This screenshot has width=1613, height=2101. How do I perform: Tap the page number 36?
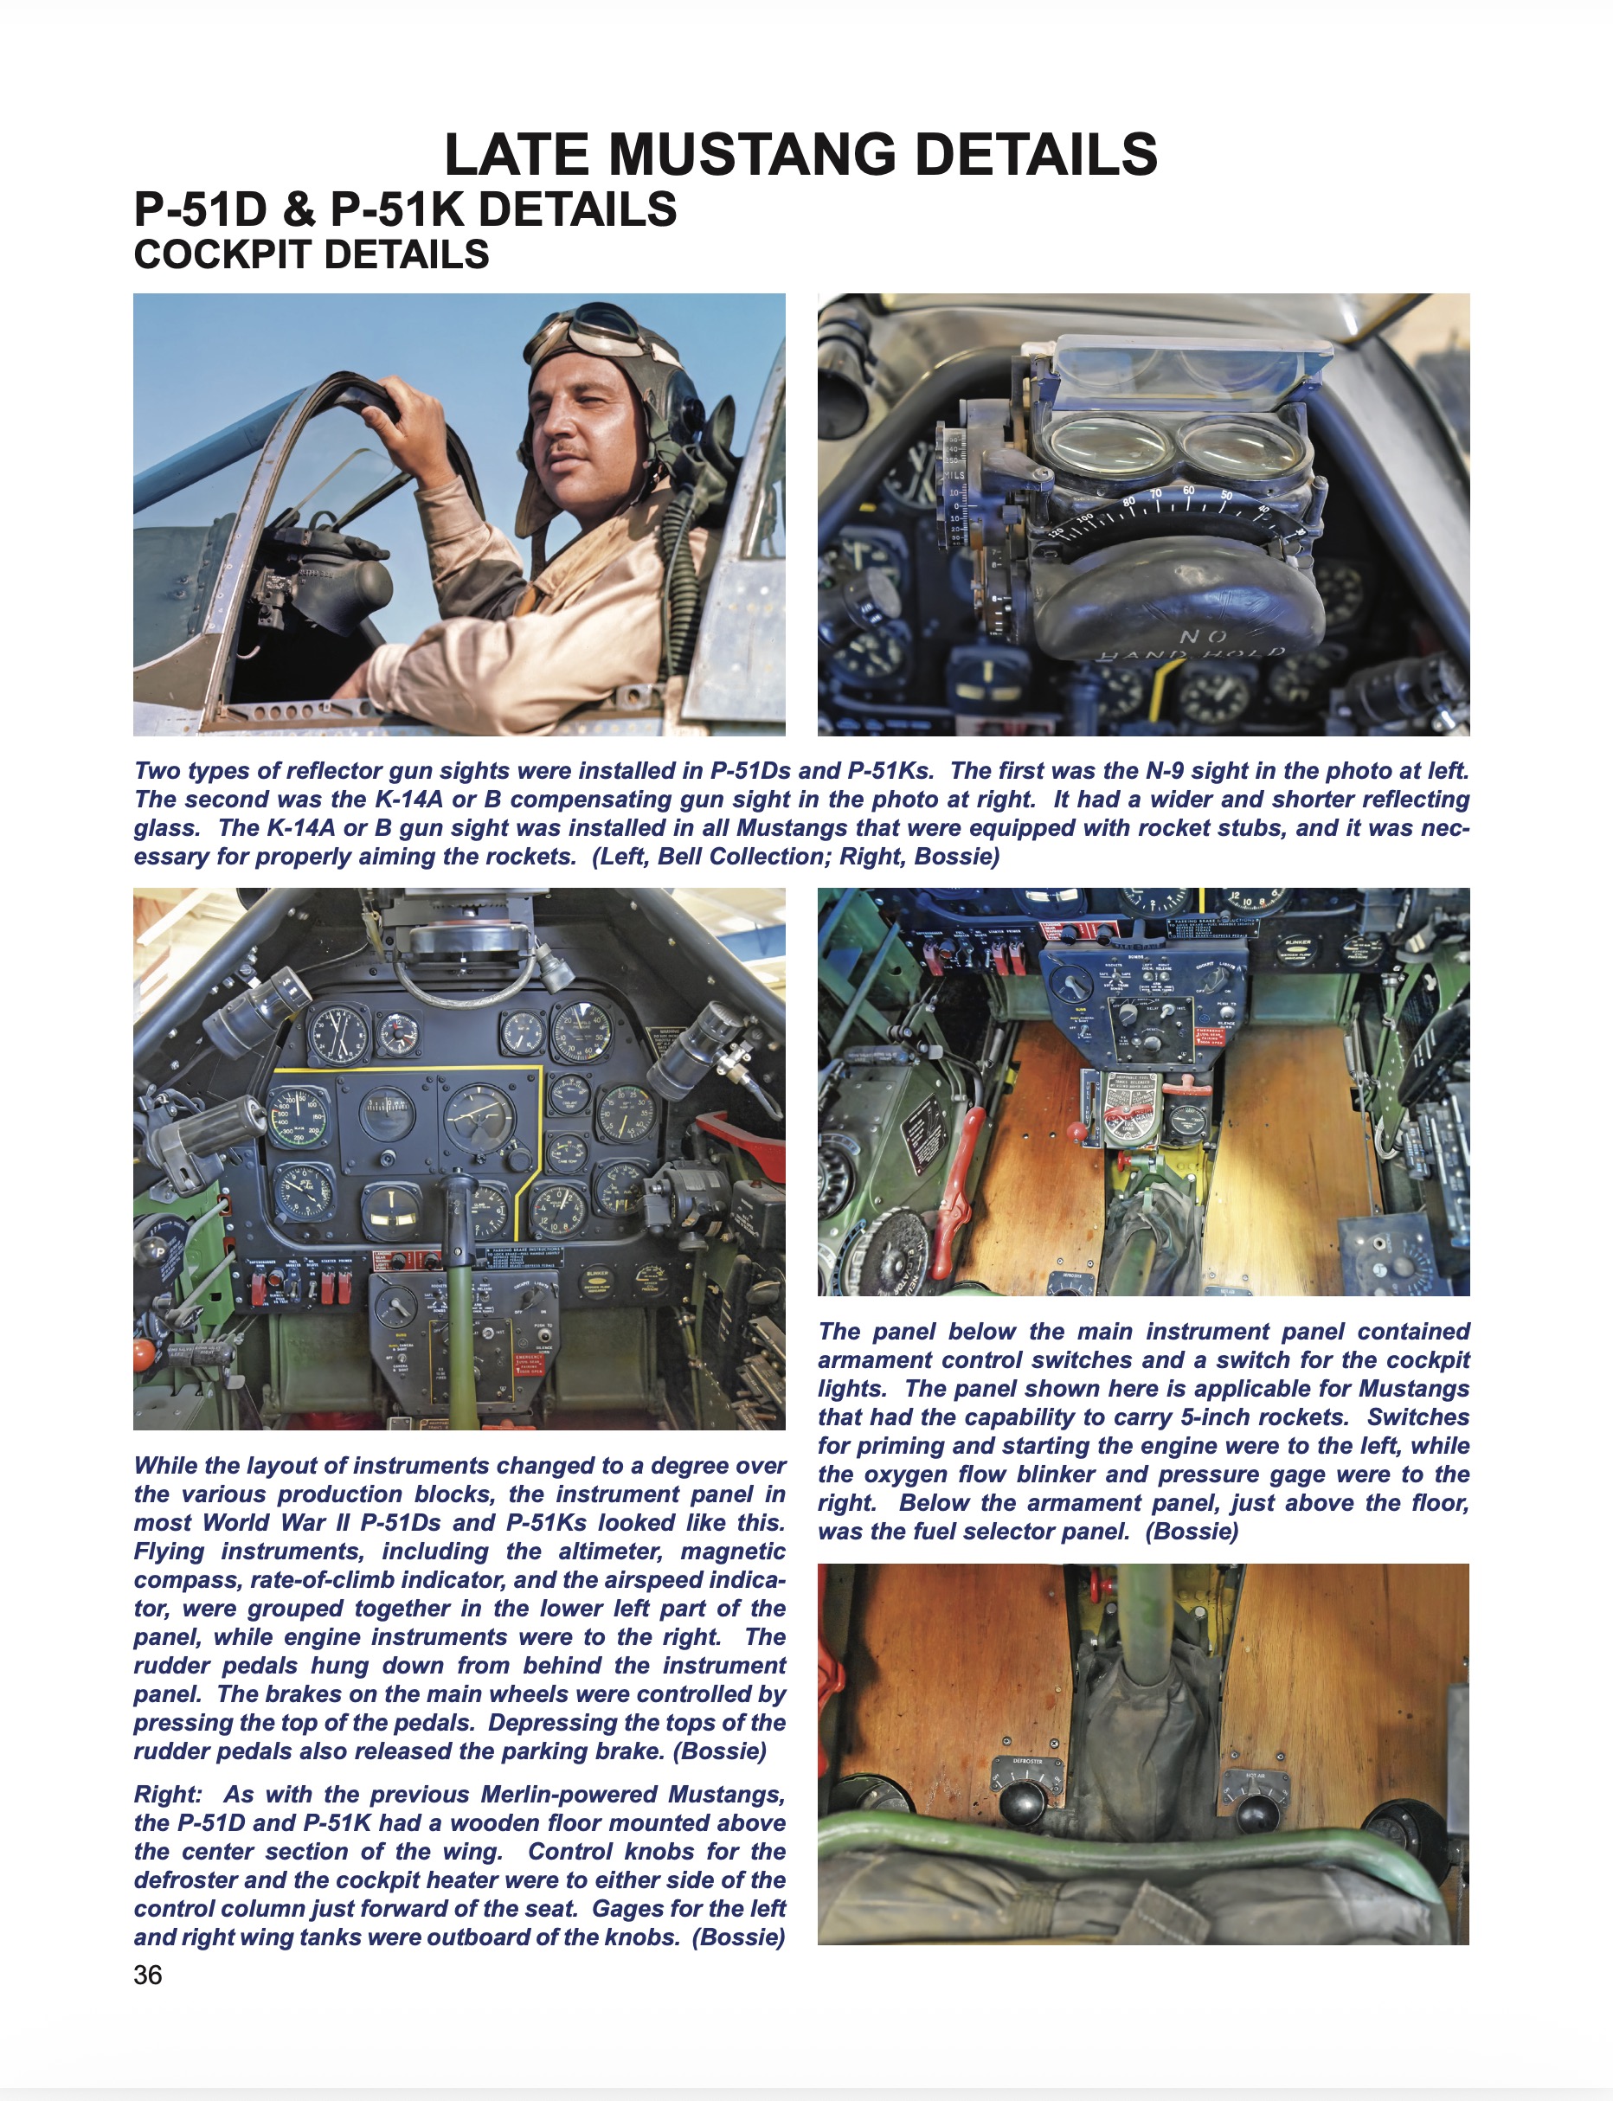pyautogui.click(x=148, y=1975)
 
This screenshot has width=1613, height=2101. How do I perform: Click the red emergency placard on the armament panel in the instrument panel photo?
pyautogui.click(x=530, y=1365)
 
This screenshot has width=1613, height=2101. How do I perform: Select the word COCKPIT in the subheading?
pyautogui.click(x=222, y=255)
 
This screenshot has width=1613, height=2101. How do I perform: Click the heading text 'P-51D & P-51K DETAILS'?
pyautogui.click(x=405, y=209)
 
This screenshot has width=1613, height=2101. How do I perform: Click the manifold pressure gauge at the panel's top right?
pyautogui.click(x=582, y=1031)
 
